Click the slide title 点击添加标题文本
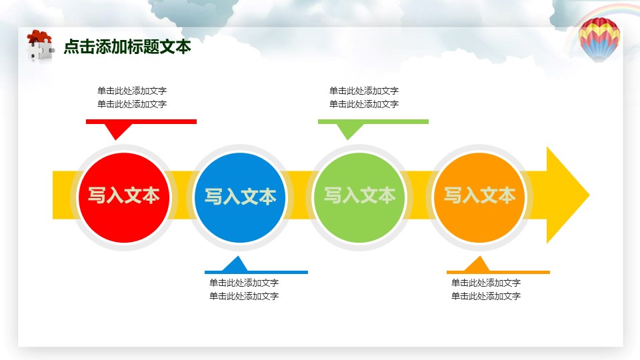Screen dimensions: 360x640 click(127, 47)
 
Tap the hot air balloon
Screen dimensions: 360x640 click(599, 39)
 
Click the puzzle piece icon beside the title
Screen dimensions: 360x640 click(39, 46)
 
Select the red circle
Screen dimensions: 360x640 click(124, 196)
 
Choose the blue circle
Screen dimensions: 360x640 click(240, 196)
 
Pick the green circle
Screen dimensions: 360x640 click(360, 196)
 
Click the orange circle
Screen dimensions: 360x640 click(480, 196)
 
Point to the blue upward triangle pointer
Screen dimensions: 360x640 click(235, 264)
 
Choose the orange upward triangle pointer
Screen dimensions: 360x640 click(477, 264)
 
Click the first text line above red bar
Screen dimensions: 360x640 click(132, 91)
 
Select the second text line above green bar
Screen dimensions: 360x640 click(364, 104)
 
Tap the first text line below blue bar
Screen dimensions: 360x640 click(244, 283)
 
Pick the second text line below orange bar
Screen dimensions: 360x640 click(486, 296)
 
